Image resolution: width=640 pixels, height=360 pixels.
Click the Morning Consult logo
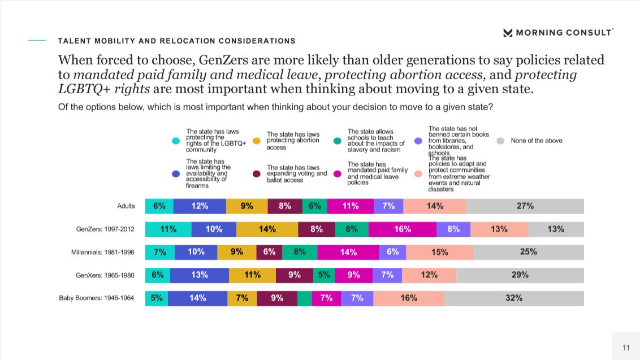coord(557,33)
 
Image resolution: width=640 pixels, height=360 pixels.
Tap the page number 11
coord(626,348)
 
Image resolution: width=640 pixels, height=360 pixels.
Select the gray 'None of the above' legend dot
coord(500,141)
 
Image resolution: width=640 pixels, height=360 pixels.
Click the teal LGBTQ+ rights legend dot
coord(176,141)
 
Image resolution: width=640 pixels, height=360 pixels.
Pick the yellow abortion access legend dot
coord(256,141)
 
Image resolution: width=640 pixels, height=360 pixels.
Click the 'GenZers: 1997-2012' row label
coord(105,229)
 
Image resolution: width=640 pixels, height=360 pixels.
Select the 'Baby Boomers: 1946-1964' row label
coord(97,298)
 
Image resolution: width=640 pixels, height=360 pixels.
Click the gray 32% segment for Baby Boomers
coord(513,298)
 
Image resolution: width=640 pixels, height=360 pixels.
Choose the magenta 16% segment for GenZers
coord(402,229)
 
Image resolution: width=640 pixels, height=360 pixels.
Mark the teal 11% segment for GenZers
coord(168,229)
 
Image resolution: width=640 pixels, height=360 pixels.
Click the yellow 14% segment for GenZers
coord(267,229)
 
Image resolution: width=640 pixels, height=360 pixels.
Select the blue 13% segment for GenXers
coord(199,275)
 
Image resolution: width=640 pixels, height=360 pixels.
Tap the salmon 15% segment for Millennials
coord(439,252)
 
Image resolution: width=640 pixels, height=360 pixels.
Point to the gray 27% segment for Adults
coord(525,206)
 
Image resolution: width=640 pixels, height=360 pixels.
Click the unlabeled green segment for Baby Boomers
coord(304,298)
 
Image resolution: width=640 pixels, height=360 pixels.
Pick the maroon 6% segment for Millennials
coord(269,252)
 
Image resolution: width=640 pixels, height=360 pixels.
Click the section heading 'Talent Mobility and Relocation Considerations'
coord(176,41)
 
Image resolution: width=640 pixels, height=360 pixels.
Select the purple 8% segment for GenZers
coord(453,229)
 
